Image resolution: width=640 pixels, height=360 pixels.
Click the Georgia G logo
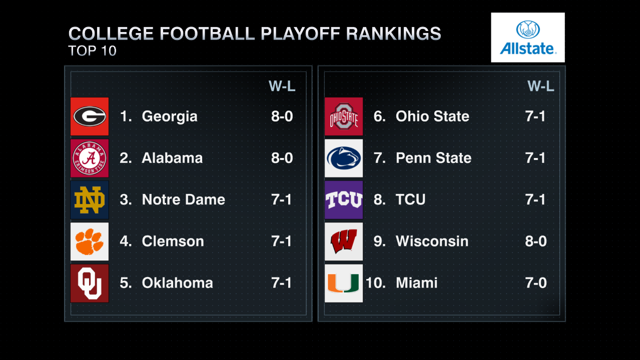pyautogui.click(x=90, y=116)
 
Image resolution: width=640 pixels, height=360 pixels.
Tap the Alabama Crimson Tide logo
pyautogui.click(x=90, y=158)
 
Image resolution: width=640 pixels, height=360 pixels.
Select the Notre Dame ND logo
pyautogui.click(x=90, y=200)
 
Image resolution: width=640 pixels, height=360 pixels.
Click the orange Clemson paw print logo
pyautogui.click(x=90, y=241)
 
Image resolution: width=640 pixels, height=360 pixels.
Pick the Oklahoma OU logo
pyautogui.click(x=90, y=283)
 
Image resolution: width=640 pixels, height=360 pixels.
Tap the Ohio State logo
pyautogui.click(x=344, y=116)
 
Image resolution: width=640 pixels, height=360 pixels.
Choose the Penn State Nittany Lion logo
pyautogui.click(x=344, y=158)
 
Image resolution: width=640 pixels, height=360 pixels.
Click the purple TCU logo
pyautogui.click(x=344, y=200)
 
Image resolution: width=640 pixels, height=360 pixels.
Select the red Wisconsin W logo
pyautogui.click(x=344, y=241)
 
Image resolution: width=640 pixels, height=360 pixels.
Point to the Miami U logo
pyautogui.click(x=344, y=283)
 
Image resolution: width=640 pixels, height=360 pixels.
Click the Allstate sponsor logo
pyautogui.click(x=528, y=37)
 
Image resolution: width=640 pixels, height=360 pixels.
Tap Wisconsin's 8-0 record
pyautogui.click(x=536, y=241)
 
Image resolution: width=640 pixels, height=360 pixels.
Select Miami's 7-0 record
pyautogui.click(x=536, y=283)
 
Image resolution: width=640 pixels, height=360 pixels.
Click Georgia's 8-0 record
pyautogui.click(x=282, y=116)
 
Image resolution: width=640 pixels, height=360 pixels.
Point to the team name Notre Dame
pyautogui.click(x=184, y=199)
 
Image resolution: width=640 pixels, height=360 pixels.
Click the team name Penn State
pyautogui.click(x=433, y=158)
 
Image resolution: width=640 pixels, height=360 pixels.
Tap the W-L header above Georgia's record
pyautogui.click(x=282, y=86)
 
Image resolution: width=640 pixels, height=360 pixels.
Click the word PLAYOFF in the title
pyautogui.click(x=300, y=33)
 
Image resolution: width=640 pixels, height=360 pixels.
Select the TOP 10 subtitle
pyautogui.click(x=92, y=51)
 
